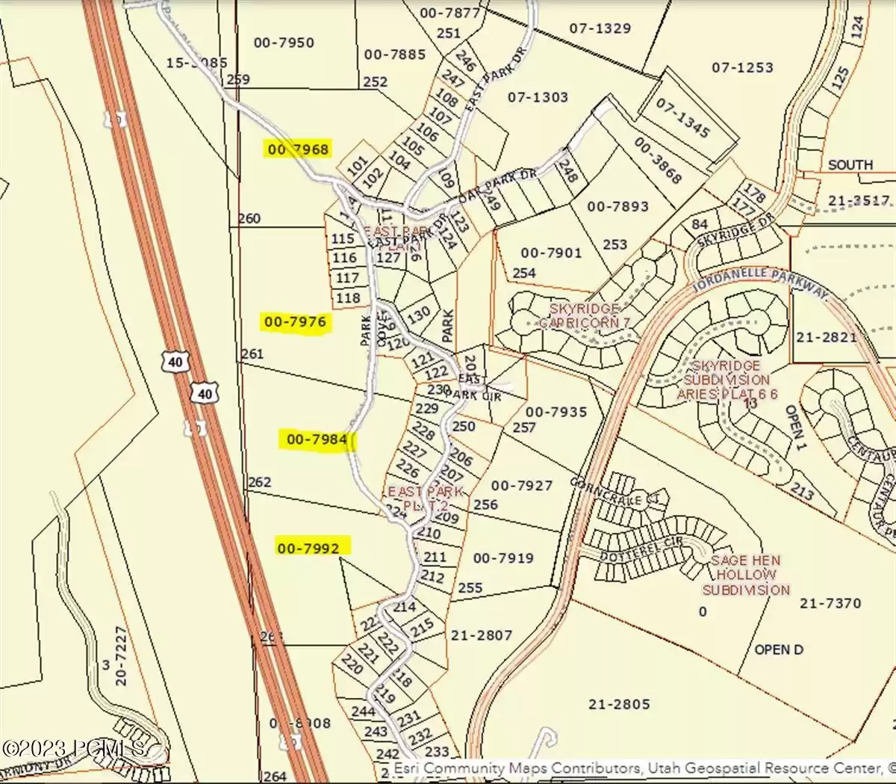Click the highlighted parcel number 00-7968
pyautogui.click(x=298, y=149)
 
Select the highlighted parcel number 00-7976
pyautogui.click(x=295, y=323)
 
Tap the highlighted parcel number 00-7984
pyautogui.click(x=317, y=439)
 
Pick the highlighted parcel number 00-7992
pyautogui.click(x=308, y=548)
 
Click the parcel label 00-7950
pyautogui.click(x=284, y=43)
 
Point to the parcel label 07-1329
pyautogui.click(x=600, y=28)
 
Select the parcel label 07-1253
pyautogui.click(x=742, y=67)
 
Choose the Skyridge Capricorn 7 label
pyautogui.click(x=585, y=315)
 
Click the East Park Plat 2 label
pyautogui.click(x=425, y=499)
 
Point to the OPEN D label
pyautogui.click(x=779, y=649)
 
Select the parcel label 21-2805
pyautogui.click(x=619, y=704)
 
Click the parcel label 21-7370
pyautogui.click(x=830, y=602)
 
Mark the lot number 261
pyautogui.click(x=252, y=354)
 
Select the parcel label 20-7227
pyautogui.click(x=122, y=656)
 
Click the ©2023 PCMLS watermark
pyautogui.click(x=73, y=747)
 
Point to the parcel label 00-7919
pyautogui.click(x=503, y=558)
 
